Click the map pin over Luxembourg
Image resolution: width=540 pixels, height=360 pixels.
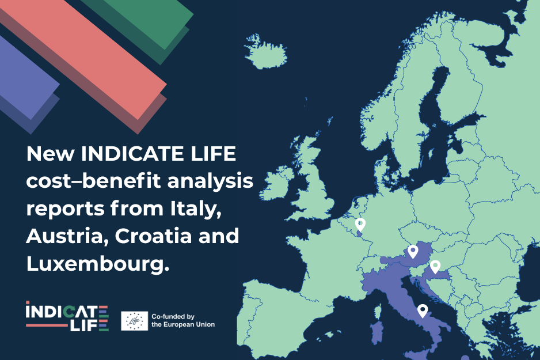click(361, 225)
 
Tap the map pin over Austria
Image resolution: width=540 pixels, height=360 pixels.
click(413, 251)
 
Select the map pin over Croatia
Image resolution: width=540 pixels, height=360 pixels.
click(435, 267)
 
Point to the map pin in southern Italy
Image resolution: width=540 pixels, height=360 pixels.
click(423, 310)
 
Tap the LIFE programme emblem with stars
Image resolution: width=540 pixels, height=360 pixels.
click(134, 321)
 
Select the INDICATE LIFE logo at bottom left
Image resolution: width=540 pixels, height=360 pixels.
click(67, 316)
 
